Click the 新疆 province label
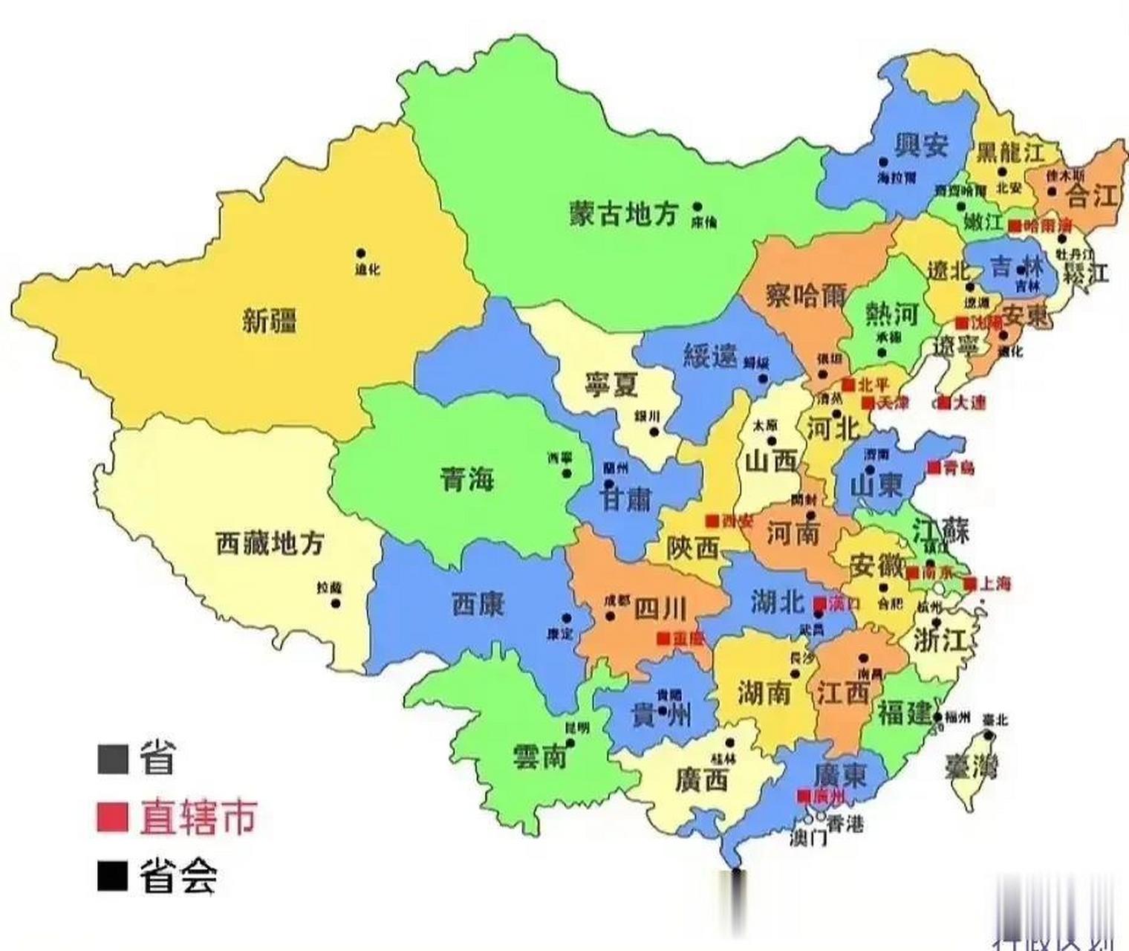tap(270, 322)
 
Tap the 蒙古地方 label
tap(624, 215)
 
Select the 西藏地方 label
tap(270, 543)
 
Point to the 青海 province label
tap(467, 479)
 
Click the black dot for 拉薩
tap(335, 603)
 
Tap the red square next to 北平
tap(847, 384)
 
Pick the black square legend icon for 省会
tap(112, 876)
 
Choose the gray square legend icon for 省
tap(112, 759)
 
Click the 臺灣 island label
tap(972, 765)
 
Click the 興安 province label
tap(922, 144)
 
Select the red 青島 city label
tap(958, 468)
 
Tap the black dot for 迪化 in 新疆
tap(361, 253)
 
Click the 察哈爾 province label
tap(806, 296)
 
